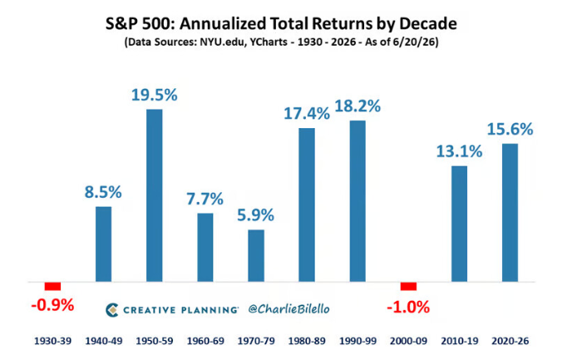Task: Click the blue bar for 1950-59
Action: point(155,195)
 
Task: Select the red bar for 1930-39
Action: point(52,286)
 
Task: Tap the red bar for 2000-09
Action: point(408,286)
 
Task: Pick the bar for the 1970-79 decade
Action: point(256,255)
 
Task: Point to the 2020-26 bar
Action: point(510,213)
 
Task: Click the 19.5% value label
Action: point(155,95)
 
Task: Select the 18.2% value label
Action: point(357,106)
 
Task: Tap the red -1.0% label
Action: point(408,308)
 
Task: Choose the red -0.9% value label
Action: point(52,305)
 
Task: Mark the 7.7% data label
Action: point(205,199)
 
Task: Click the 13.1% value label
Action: point(460,151)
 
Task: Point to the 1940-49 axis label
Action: point(104,341)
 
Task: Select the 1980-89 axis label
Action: point(307,341)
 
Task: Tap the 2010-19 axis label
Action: point(460,341)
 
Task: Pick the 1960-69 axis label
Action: point(205,341)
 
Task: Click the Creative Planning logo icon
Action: point(112,310)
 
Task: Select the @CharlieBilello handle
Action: point(288,309)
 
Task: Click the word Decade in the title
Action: point(428,23)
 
